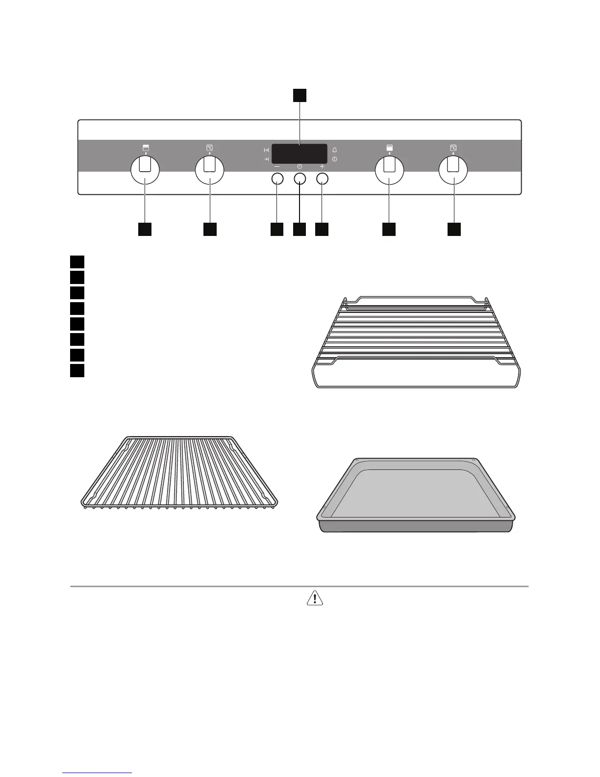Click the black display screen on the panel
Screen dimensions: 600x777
[x=300, y=154]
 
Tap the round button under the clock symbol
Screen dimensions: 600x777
[x=300, y=179]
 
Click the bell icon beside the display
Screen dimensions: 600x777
[x=334, y=150]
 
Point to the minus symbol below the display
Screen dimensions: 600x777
[x=277, y=167]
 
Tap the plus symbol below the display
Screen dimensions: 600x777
[x=322, y=167]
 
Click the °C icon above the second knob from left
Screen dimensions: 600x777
[x=210, y=147]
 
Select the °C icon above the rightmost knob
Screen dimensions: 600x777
[x=453, y=147]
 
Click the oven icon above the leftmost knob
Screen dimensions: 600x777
[x=146, y=147]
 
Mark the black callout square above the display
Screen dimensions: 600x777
[x=300, y=95]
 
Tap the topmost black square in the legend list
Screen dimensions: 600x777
[x=77, y=261]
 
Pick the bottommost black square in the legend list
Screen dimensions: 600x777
[x=77, y=370]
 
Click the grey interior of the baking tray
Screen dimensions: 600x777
[x=416, y=493]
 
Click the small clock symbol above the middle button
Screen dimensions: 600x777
[x=300, y=167]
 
